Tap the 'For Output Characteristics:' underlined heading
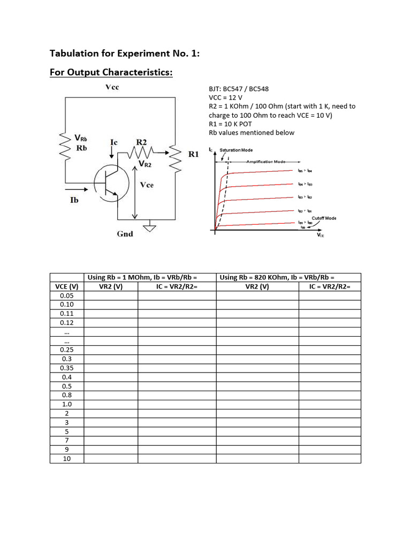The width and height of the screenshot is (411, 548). pos(111,72)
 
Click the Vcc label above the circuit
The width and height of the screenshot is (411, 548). pos(111,87)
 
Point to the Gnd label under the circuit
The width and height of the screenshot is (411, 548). pos(125,234)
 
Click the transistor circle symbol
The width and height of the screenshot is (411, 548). pos(111,184)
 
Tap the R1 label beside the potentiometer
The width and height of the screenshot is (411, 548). pos(194,154)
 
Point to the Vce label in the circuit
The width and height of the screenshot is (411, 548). pos(146,185)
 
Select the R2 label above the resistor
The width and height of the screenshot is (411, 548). pos(141,142)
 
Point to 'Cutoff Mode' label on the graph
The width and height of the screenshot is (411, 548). pos(324,218)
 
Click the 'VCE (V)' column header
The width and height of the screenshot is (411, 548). pos(67,286)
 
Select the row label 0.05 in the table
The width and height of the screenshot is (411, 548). pos(67,295)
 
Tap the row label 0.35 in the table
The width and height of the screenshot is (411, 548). pos(67,368)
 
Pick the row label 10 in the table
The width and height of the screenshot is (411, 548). pos(67,459)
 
